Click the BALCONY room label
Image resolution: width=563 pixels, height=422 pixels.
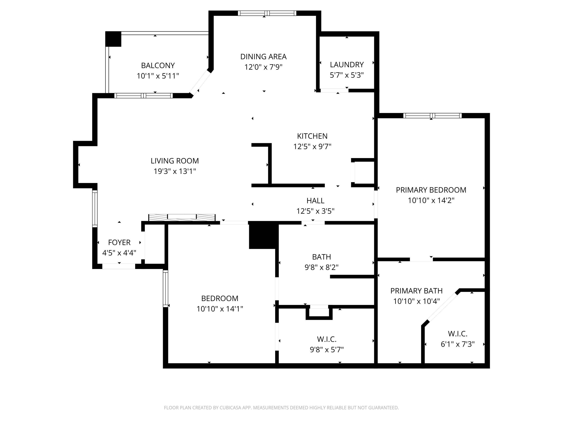click(158, 66)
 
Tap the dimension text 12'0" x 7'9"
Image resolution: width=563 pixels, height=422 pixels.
click(263, 67)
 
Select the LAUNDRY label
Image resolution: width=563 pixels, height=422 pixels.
click(347, 65)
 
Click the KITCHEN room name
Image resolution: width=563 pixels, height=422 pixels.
click(312, 136)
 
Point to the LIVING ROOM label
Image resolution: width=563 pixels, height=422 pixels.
click(175, 161)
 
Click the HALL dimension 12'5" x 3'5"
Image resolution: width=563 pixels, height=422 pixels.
click(315, 211)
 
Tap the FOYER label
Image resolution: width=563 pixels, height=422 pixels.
click(119, 242)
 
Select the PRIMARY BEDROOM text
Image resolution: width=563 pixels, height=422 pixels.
click(431, 190)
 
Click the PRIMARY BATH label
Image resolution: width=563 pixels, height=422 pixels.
click(416, 291)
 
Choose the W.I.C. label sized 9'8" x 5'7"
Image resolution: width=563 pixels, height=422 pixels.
click(327, 339)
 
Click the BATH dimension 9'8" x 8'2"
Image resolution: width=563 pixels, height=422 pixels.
click(321, 267)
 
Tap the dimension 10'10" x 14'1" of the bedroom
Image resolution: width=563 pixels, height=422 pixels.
click(220, 309)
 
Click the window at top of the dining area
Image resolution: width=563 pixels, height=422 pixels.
click(267, 13)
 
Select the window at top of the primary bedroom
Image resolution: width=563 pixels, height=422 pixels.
click(432, 116)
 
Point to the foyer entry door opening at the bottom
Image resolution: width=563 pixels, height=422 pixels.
click(119, 266)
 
